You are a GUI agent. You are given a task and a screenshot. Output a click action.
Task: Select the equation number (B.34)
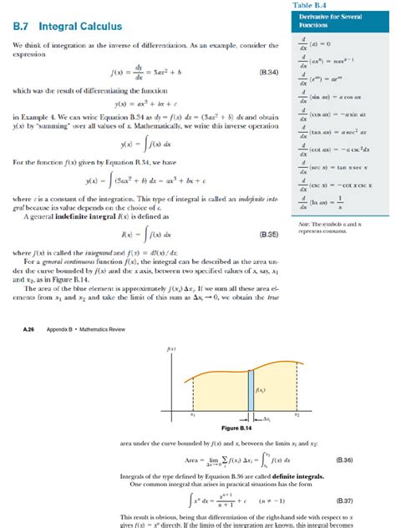pos(268,74)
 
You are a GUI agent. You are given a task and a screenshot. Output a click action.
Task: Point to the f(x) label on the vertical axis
pos(170,348)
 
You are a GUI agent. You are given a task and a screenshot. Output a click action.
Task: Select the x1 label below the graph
pos(193,414)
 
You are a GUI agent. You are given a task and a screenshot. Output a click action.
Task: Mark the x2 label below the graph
pos(297,414)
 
